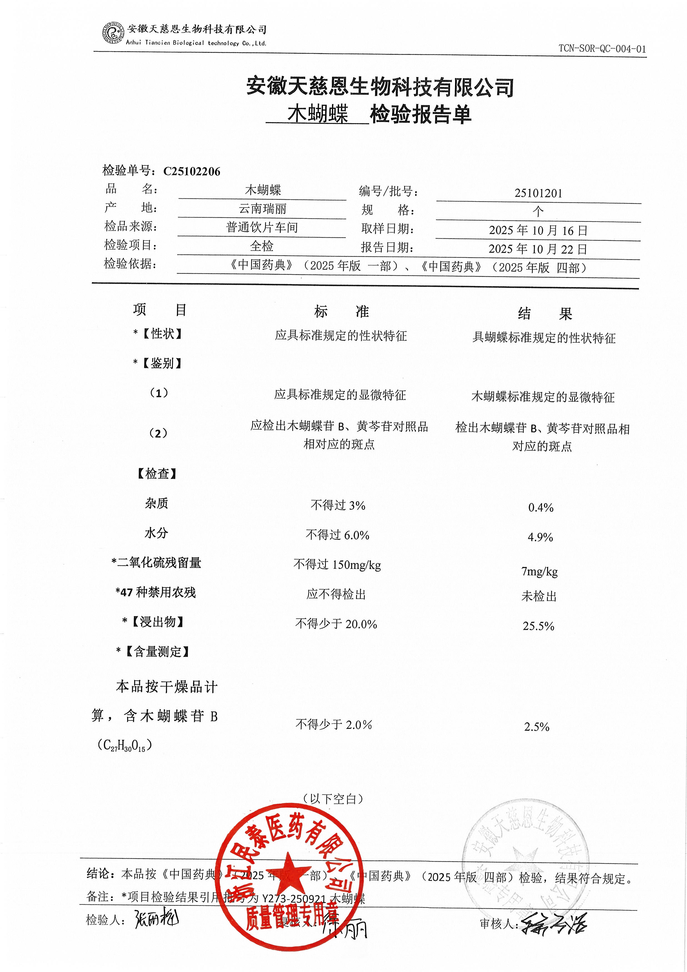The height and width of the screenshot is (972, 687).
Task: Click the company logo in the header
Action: click(113, 33)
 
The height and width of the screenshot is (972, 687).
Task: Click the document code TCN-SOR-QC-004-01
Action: click(602, 49)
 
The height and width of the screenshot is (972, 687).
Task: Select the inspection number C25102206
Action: click(192, 171)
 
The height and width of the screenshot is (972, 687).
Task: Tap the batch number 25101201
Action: click(538, 193)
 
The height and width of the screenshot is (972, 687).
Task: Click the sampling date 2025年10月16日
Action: click(538, 230)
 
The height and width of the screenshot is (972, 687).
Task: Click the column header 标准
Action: click(341, 312)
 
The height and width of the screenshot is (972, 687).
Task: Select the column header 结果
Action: click(544, 314)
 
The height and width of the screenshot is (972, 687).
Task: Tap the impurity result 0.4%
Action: click(541, 507)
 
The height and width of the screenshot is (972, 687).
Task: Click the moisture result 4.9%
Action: click(540, 537)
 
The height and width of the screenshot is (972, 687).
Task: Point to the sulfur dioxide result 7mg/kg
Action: click(539, 571)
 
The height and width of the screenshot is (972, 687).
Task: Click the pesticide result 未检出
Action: click(539, 596)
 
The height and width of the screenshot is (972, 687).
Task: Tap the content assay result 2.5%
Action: click(536, 727)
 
